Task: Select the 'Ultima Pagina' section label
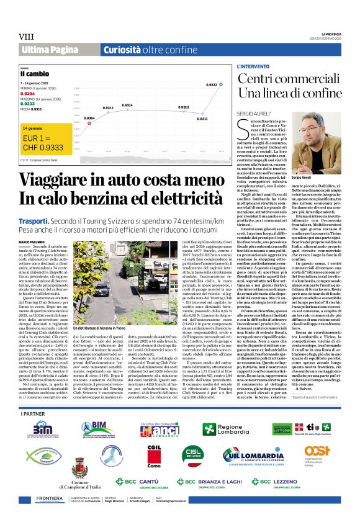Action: pyautogui.click(x=48, y=49)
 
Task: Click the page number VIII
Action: pyautogui.click(x=26, y=37)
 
